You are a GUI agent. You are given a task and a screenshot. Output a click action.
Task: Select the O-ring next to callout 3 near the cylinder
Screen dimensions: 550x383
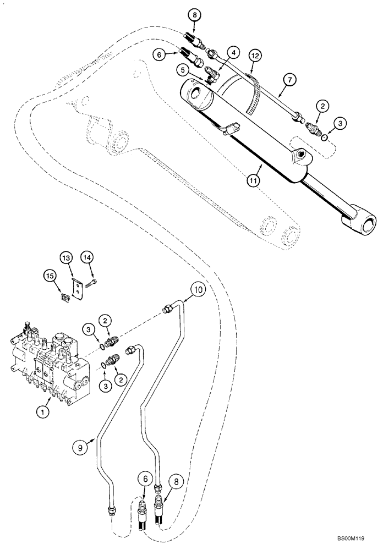[325, 134]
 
